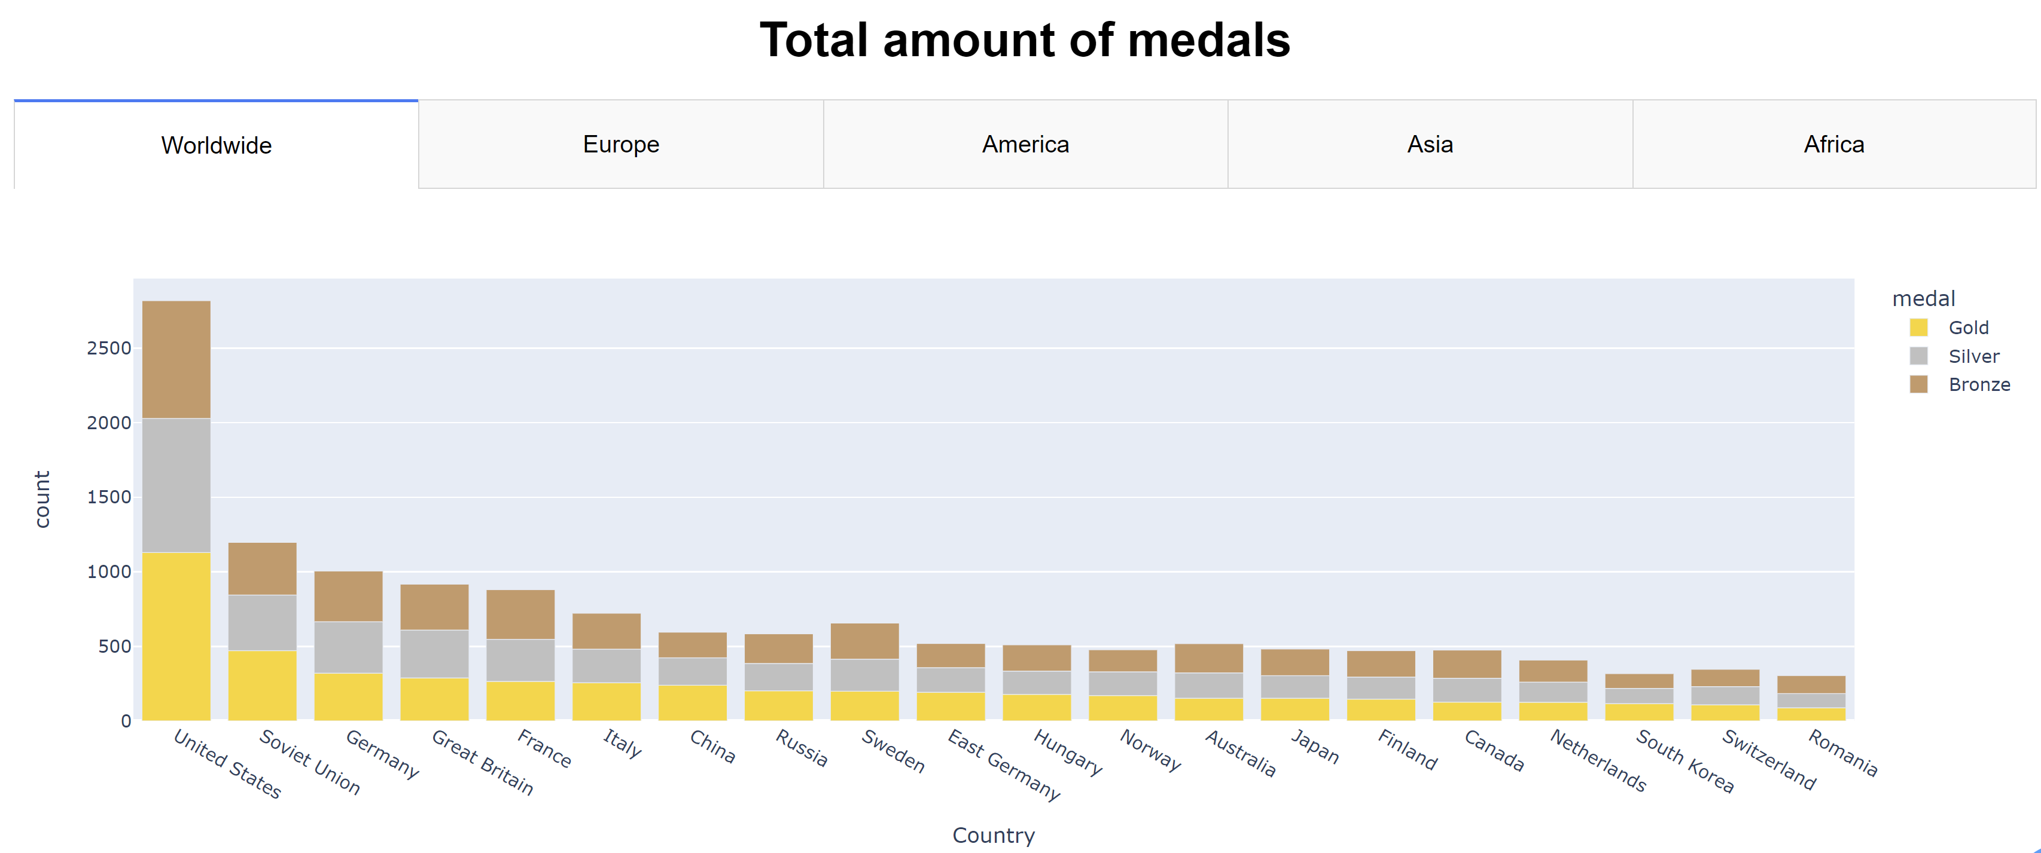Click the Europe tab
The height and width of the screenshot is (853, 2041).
620,144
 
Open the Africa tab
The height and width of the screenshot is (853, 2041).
1833,144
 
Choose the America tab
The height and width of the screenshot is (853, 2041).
1025,144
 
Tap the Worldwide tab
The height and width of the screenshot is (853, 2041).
217,145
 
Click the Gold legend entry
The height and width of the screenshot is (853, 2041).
1968,327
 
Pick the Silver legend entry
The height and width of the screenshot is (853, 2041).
1973,356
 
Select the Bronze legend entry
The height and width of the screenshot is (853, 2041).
1978,384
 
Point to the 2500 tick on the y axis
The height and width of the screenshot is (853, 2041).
108,348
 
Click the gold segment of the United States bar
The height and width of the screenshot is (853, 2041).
176,635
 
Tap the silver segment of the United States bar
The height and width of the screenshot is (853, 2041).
176,485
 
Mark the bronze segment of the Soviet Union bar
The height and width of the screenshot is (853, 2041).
262,568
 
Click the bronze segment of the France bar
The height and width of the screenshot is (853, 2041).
520,614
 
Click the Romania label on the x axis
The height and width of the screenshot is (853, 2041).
1842,753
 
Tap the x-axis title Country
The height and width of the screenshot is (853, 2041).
993,835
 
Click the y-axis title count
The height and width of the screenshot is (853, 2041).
42,499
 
